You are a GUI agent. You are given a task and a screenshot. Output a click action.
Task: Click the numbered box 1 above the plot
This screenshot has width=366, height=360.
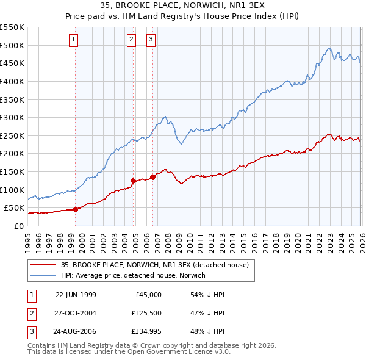73,40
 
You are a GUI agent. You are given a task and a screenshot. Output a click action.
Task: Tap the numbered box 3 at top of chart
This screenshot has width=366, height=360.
151,40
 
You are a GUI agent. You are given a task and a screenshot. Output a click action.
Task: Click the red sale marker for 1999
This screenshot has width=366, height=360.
76,209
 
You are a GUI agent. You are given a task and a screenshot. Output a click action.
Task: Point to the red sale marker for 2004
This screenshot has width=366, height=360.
133,181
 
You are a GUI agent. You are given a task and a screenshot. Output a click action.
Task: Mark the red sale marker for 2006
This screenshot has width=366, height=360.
152,177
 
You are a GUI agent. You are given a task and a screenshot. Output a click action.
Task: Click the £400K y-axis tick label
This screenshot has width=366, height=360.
12,81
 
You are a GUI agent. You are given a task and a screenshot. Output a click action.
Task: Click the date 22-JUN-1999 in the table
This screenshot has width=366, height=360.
76,295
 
